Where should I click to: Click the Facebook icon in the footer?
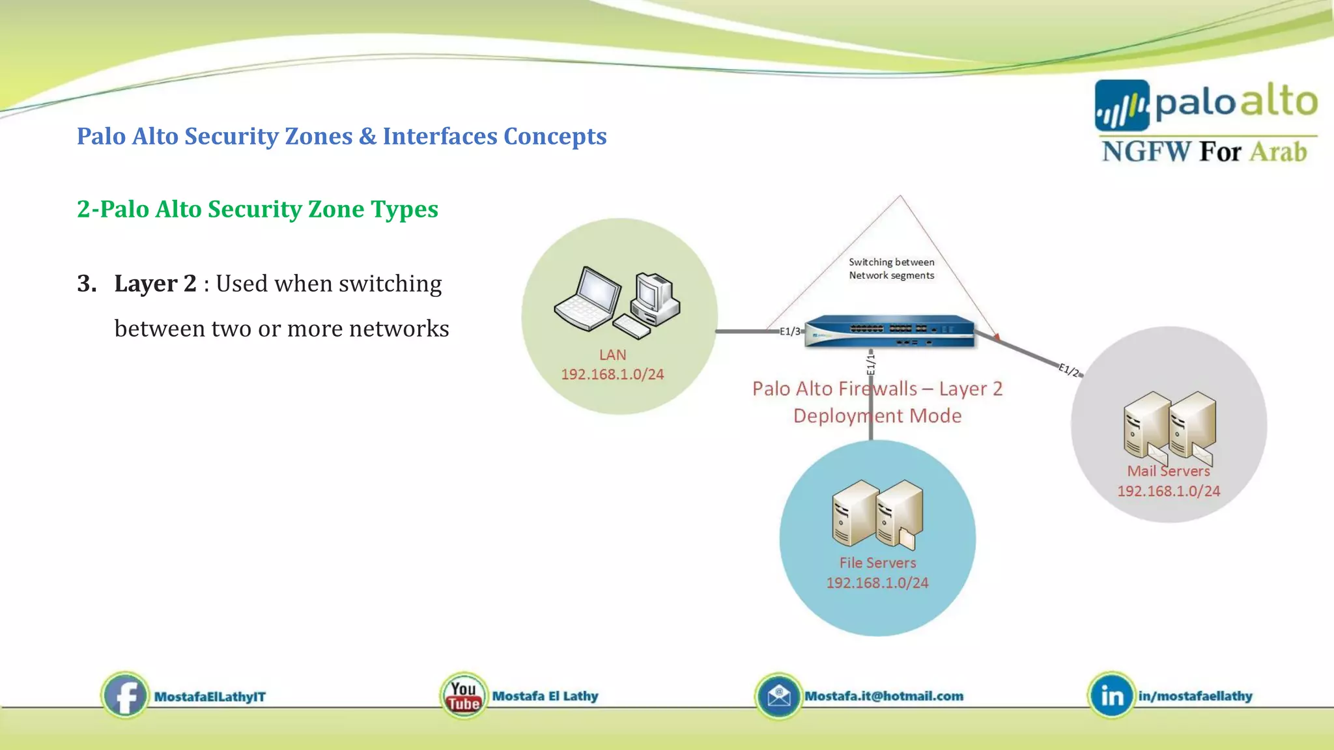tap(124, 696)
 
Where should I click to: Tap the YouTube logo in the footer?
tap(463, 696)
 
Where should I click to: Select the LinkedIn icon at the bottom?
tap(1111, 696)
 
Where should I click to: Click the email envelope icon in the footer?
tap(778, 696)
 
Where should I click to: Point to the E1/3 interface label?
tap(790, 331)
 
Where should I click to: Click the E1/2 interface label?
tap(1069, 370)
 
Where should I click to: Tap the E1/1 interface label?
tap(871, 363)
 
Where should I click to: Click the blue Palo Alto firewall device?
tap(890, 331)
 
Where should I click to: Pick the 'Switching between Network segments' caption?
tap(891, 268)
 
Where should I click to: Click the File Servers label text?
tap(877, 562)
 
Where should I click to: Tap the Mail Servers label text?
tap(1169, 471)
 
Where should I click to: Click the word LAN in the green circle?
tap(612, 355)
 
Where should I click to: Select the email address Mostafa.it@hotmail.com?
tap(884, 696)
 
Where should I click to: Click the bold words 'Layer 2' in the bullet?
tap(155, 284)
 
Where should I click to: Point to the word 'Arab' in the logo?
tap(1278, 152)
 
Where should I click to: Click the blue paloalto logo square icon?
tap(1122, 105)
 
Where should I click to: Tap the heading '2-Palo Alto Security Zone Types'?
tap(257, 209)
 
